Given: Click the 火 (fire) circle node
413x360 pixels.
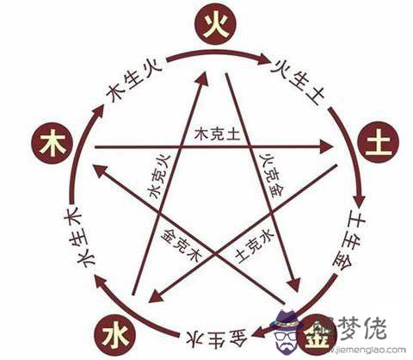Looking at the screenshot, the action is click(x=215, y=24).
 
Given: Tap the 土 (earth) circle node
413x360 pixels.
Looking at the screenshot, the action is click(x=379, y=142).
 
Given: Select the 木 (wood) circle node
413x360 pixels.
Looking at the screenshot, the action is click(x=52, y=143).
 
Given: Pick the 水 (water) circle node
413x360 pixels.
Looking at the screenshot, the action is click(x=115, y=334).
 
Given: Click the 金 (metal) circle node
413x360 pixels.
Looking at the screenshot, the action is click(x=317, y=335).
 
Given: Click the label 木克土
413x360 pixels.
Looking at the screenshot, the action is click(x=217, y=134).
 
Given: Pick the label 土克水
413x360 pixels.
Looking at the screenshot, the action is click(x=254, y=246).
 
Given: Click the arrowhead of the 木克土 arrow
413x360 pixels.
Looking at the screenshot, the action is click(x=326, y=147).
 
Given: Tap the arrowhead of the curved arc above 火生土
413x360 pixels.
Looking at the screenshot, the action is click(x=263, y=59).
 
